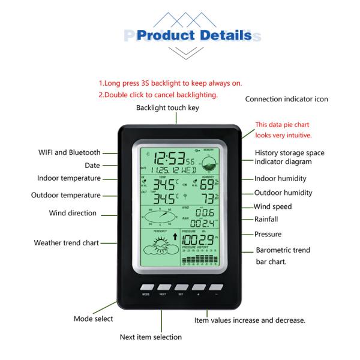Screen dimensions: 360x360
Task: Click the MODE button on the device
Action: point(146,287)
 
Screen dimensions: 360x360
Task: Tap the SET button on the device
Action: point(180,287)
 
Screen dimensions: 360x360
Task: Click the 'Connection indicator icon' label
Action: point(287,99)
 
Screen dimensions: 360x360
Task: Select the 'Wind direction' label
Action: point(73,213)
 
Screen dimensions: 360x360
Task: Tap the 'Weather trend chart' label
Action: point(67,243)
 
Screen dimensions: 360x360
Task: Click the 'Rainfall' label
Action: point(266,220)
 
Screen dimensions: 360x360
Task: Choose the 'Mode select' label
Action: point(93,319)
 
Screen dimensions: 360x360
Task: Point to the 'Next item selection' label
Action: point(151,337)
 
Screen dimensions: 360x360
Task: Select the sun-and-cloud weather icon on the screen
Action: point(158,247)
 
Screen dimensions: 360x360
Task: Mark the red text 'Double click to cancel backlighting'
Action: point(158,95)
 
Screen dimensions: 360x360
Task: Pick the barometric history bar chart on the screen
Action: point(206,259)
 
